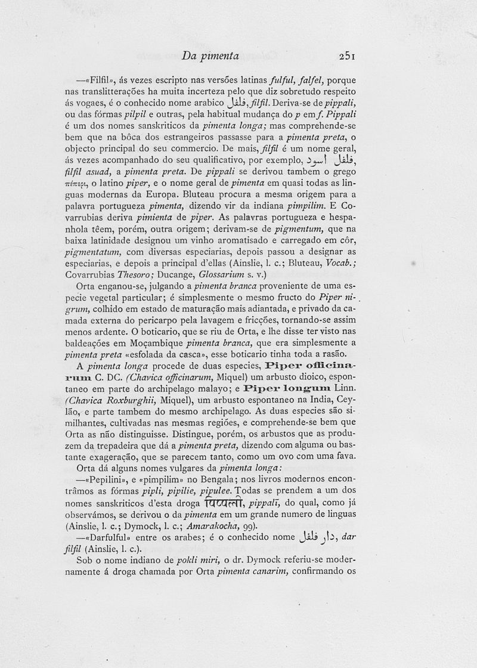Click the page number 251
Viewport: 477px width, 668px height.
click(346, 56)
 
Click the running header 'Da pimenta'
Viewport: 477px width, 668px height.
click(210, 56)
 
